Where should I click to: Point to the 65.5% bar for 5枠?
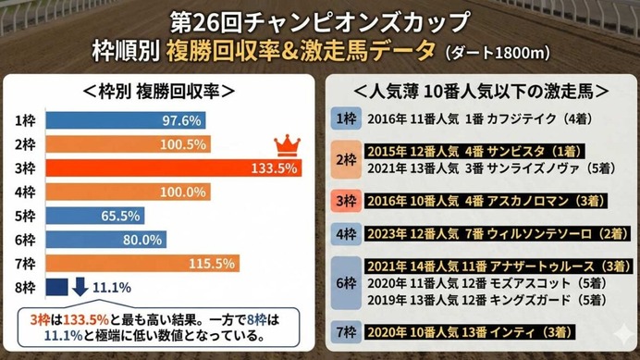coord(94,215)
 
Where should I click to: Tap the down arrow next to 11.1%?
coord(80,286)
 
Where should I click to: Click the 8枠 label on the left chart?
coord(26,286)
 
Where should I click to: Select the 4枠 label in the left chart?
coord(26,192)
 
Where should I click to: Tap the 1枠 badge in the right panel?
coord(344,118)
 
